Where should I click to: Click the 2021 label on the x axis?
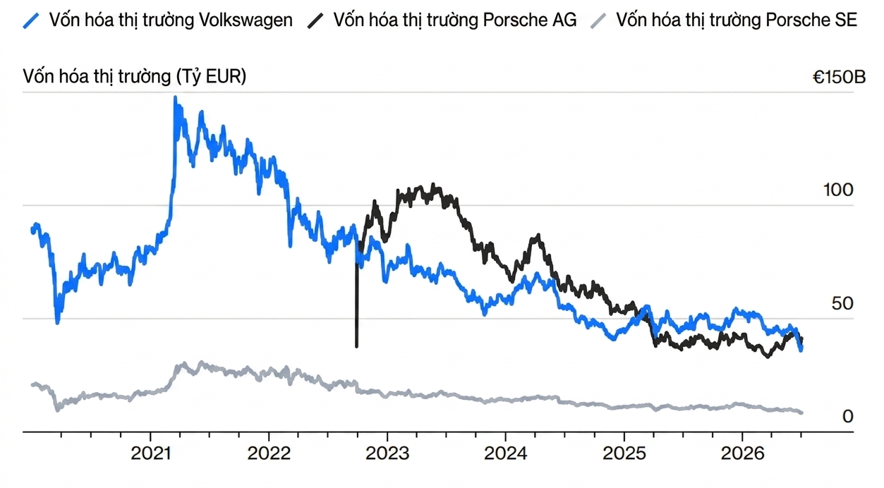[x=150, y=453]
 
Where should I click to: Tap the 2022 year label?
[x=269, y=453]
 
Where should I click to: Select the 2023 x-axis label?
[x=387, y=453]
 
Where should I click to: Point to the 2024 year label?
[x=506, y=453]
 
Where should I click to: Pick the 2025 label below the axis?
[x=624, y=453]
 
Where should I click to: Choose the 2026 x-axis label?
[x=742, y=453]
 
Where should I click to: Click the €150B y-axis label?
[x=839, y=78]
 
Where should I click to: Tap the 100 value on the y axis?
[x=838, y=190]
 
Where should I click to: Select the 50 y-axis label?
[x=842, y=303]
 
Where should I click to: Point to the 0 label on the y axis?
[x=848, y=417]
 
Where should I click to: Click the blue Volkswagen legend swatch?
[x=31, y=21]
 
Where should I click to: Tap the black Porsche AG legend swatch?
[x=315, y=21]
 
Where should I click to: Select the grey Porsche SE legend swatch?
[x=598, y=21]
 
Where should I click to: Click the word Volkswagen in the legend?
[x=246, y=20]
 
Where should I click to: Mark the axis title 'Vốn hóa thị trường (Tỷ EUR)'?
[x=134, y=77]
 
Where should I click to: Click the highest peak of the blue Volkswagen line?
[x=175, y=97]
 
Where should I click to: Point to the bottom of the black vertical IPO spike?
[x=357, y=347]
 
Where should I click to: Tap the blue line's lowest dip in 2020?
[x=58, y=323]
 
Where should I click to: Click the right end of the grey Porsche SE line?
[x=801, y=413]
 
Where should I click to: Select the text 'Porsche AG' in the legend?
[x=530, y=20]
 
